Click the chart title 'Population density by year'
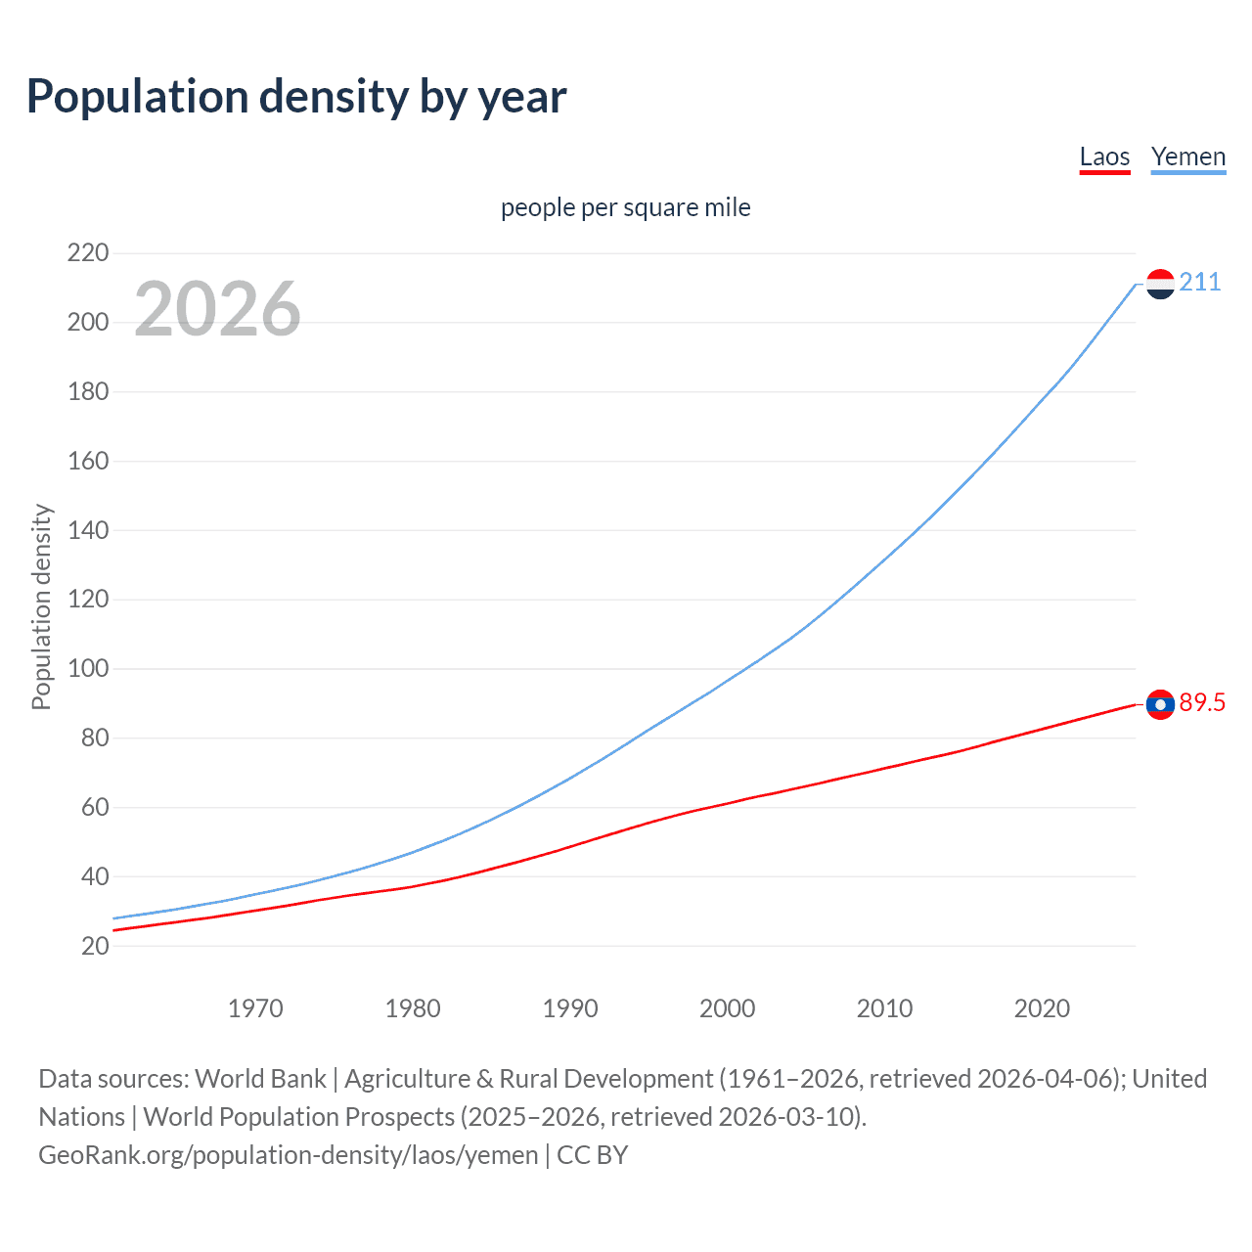coord(296,97)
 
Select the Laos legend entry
coord(1104,156)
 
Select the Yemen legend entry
coord(1187,156)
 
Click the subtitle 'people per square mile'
coord(625,207)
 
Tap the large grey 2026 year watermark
coord(217,309)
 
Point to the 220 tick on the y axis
coord(88,253)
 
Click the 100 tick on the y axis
coord(88,669)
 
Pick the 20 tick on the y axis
coord(95,946)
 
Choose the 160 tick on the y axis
coord(88,461)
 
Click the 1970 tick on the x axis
coord(255,1008)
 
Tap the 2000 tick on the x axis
coord(727,1008)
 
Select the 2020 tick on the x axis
coord(1042,1008)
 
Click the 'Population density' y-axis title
coord(41,606)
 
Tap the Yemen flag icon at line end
coord(1160,284)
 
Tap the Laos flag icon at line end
coord(1160,704)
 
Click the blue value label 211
coord(1199,283)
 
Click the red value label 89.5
coord(1202,703)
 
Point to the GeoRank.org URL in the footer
coord(289,1155)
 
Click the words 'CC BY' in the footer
coord(592,1155)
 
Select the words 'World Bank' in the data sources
coord(260,1079)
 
